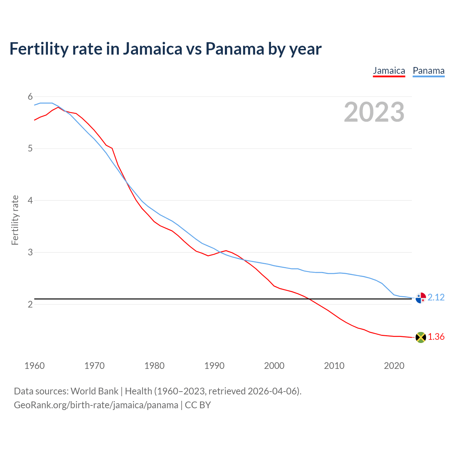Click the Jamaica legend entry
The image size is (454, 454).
coord(389,71)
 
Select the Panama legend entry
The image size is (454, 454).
coord(428,71)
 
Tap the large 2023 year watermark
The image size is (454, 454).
coord(374,112)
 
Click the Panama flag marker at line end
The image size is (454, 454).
coord(421,298)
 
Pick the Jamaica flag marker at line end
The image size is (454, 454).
coord(421,337)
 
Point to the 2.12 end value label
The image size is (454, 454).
coord(436,297)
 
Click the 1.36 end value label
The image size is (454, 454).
coord(436,337)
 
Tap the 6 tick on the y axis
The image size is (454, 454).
coord(30,96)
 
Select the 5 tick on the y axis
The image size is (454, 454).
coord(30,148)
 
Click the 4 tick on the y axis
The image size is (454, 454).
coord(30,200)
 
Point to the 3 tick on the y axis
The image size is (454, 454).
coord(30,252)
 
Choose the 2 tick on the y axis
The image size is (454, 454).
coord(30,304)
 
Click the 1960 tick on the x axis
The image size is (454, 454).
coord(34,366)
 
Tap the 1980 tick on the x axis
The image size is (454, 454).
coord(154,366)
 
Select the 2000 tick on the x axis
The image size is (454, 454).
coord(274,366)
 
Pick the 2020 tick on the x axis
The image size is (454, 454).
coord(394,366)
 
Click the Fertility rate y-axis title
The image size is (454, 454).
coord(15,220)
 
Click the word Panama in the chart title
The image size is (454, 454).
coord(234,49)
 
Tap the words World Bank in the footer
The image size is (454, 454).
coord(94,391)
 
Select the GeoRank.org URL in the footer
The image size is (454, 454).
coord(96,405)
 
